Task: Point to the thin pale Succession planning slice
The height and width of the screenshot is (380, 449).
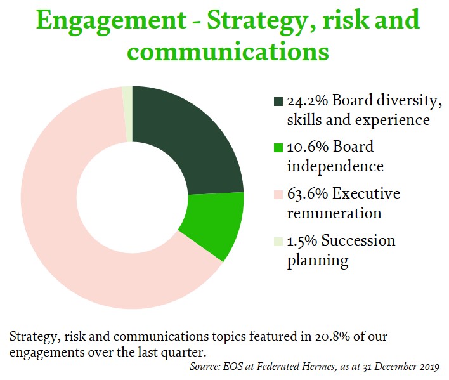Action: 127,114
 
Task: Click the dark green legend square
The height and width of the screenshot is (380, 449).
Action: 278,102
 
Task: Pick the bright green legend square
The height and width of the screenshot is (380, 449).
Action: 278,148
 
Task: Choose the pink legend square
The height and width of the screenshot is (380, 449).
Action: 278,195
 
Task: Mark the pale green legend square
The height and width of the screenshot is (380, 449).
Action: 278,242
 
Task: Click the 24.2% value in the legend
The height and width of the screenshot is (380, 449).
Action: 307,101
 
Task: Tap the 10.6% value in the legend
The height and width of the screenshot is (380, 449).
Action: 308,147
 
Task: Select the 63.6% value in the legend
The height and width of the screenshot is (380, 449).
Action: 308,194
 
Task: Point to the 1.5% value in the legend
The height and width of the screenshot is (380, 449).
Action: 302,241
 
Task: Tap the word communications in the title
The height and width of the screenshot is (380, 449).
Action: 228,51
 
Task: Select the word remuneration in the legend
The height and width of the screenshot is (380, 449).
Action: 334,214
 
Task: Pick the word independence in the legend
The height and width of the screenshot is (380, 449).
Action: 335,166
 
